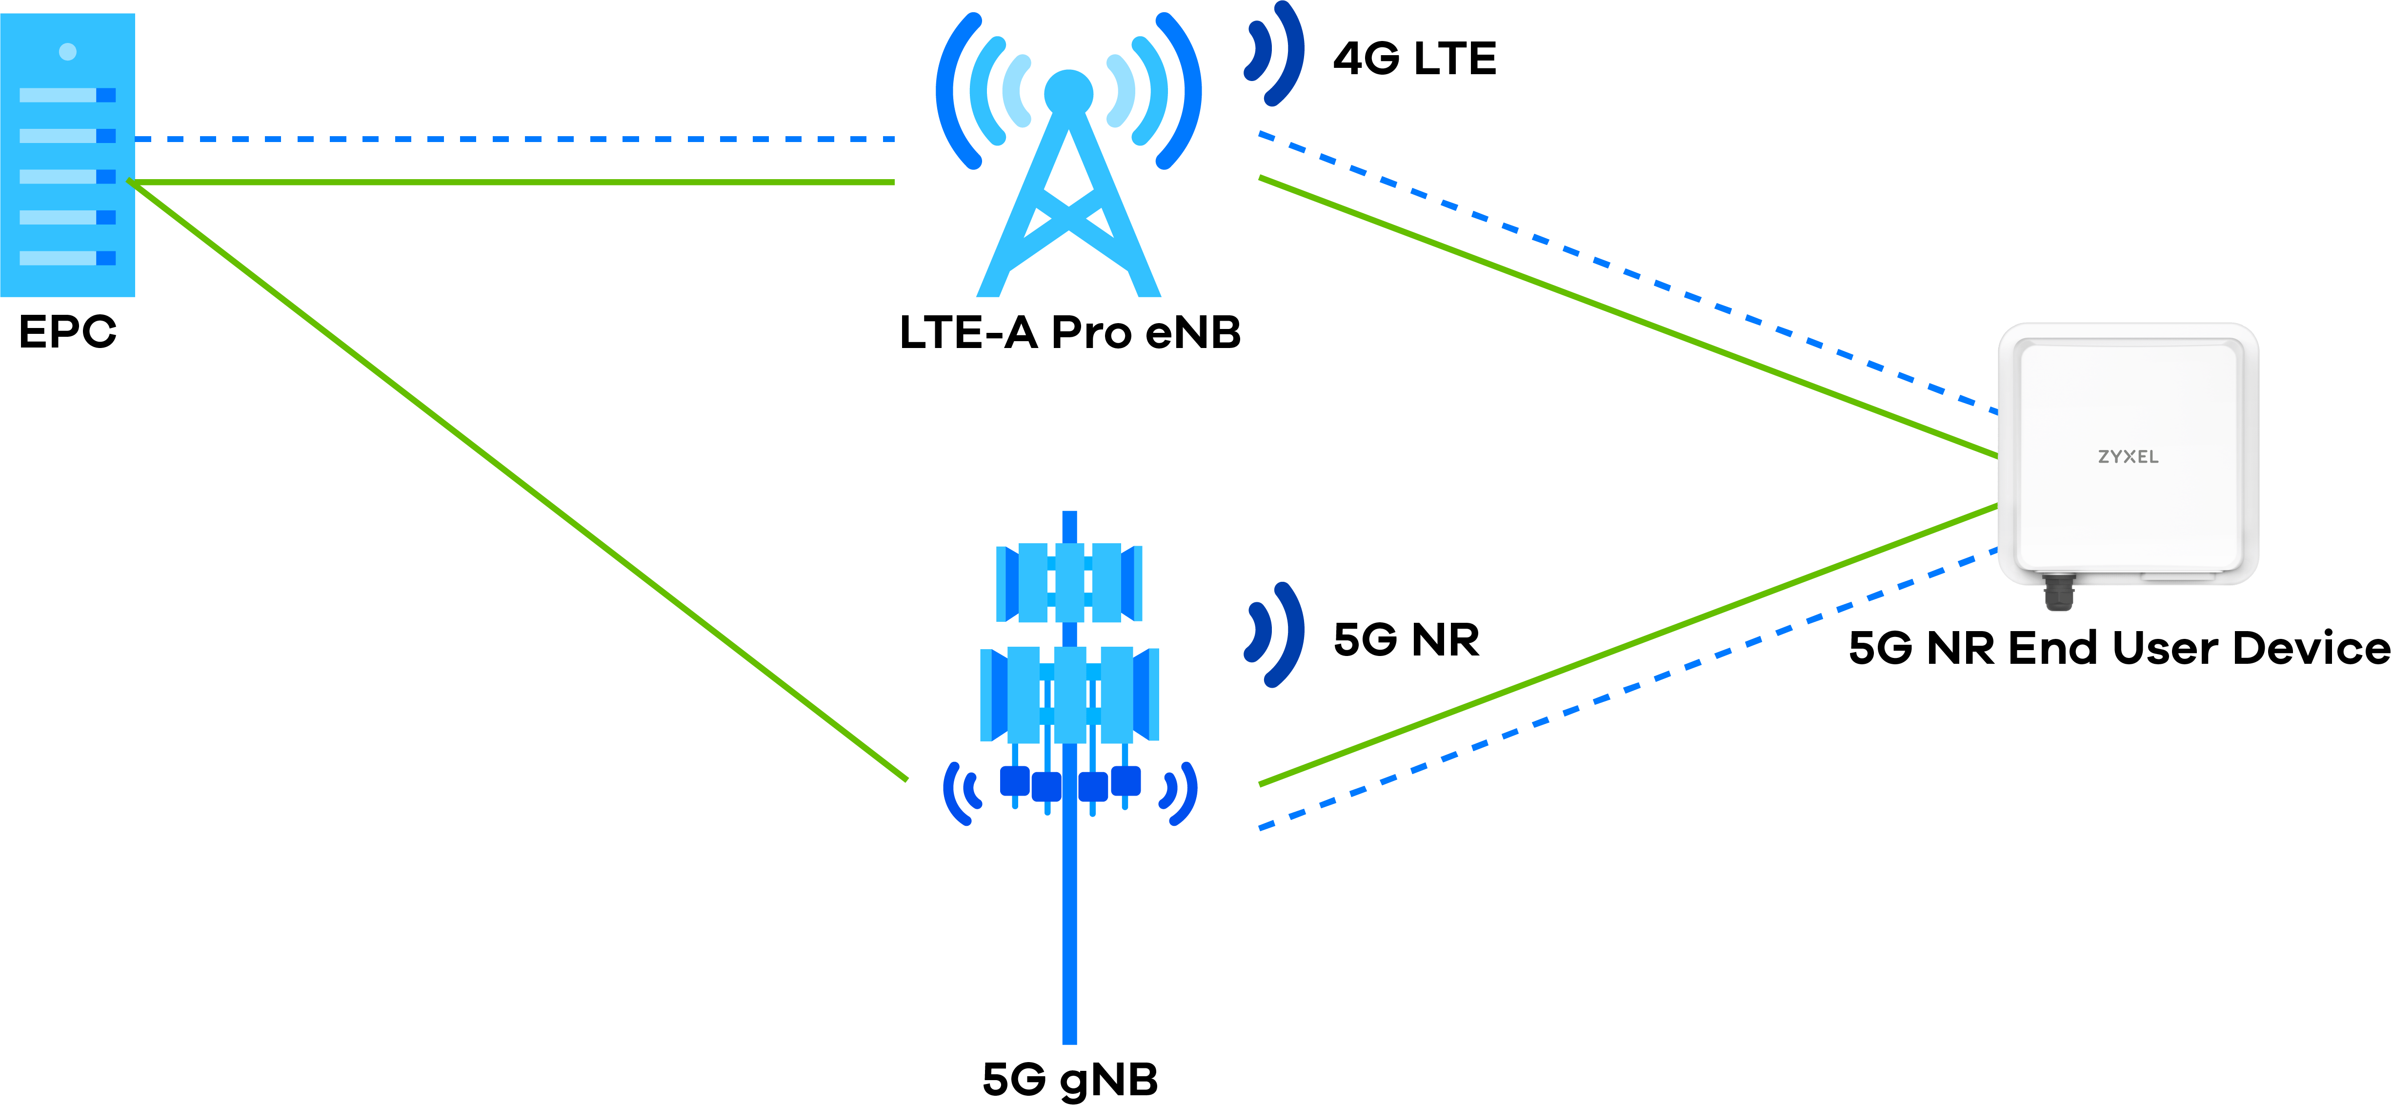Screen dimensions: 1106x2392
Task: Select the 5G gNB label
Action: (x=1070, y=1079)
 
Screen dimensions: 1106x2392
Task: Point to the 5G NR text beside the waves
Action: (x=1406, y=640)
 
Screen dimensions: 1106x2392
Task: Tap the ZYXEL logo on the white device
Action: (x=2128, y=457)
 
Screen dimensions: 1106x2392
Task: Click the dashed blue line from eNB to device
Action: (x=1625, y=273)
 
